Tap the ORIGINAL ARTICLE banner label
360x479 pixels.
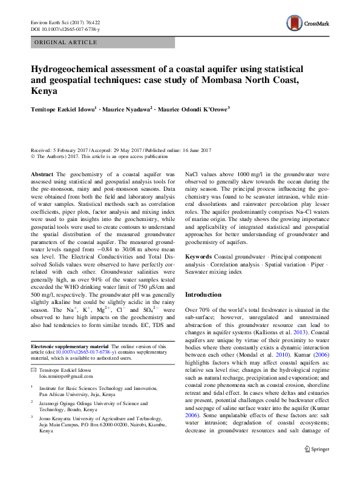66,42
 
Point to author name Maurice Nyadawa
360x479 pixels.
127,110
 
